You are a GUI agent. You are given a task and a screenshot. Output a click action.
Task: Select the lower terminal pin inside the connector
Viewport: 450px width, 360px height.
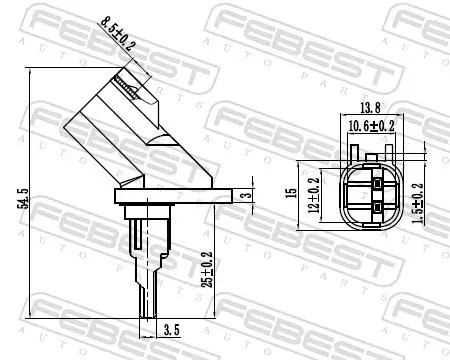(375, 208)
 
